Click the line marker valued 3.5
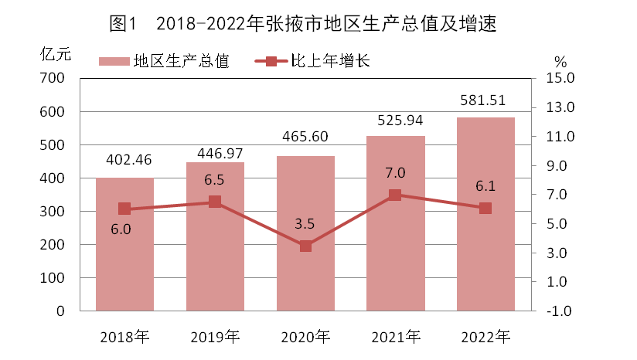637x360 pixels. tap(305, 246)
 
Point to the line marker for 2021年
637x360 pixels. tap(395, 195)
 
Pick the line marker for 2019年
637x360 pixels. tap(215, 202)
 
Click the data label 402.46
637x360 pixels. tap(124, 161)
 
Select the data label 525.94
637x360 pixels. tap(395, 120)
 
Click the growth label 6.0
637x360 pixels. tap(124, 229)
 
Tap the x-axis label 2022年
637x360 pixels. tap(485, 337)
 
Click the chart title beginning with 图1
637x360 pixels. tap(301, 24)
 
